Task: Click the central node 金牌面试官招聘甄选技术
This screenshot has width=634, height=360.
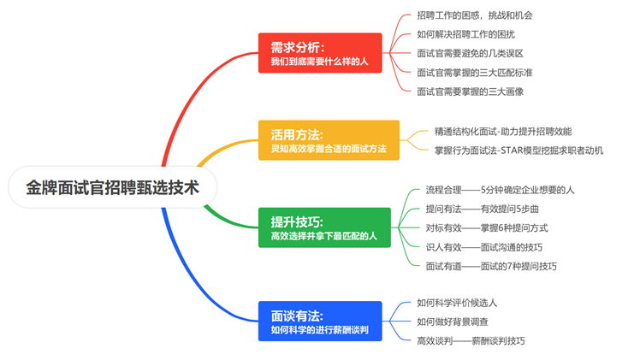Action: point(112,187)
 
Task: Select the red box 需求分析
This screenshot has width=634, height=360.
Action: point(320,53)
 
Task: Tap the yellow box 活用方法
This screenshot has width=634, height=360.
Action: point(329,140)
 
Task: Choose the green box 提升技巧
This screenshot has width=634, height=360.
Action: point(324,227)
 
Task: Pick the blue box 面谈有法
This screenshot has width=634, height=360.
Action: point(320,321)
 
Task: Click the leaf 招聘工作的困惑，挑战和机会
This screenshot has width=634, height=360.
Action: point(475,15)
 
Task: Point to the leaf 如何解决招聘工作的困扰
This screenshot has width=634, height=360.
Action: point(465,34)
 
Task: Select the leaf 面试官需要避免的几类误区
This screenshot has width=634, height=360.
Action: point(471,53)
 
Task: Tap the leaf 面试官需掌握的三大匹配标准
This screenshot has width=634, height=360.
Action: point(475,73)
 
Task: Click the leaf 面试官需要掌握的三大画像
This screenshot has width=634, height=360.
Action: point(471,91)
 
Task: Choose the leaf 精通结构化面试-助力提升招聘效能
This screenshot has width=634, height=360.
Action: point(503,132)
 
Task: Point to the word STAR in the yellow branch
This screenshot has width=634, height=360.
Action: point(511,150)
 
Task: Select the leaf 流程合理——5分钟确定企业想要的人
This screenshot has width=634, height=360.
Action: point(500,190)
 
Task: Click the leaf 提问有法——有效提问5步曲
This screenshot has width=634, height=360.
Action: point(482,209)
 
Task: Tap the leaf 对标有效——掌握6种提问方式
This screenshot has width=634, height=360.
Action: point(487,227)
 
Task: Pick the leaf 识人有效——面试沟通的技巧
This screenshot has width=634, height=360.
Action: point(484,247)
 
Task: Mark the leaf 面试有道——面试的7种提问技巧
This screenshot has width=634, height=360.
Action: point(491,266)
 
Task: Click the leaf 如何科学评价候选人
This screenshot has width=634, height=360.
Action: point(457,303)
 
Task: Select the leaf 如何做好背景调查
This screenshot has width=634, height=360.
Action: point(453,322)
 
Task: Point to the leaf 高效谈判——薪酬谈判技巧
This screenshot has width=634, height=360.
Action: point(471,341)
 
